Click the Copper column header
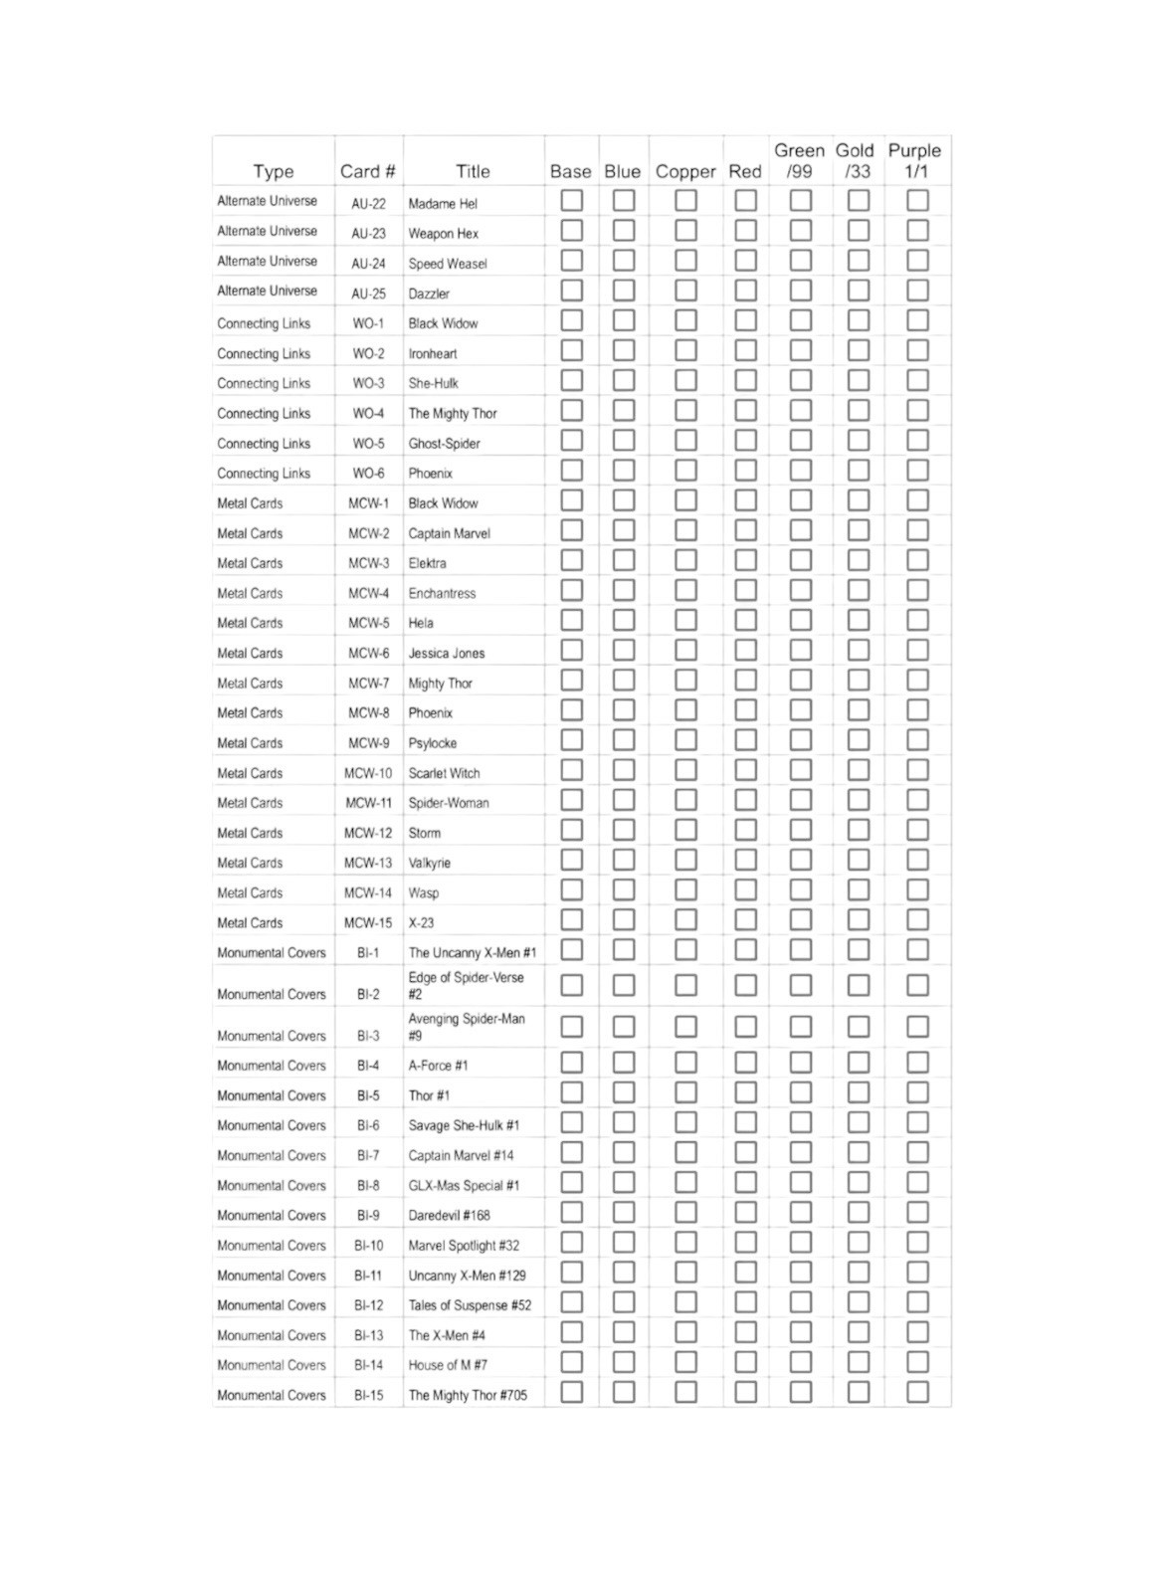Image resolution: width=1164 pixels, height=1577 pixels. [685, 171]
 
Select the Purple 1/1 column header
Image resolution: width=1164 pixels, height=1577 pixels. [915, 160]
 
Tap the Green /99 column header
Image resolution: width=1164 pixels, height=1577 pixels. [799, 160]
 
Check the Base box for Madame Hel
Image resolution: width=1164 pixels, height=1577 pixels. [571, 201]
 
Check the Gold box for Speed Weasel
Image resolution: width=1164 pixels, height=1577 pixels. [858, 261]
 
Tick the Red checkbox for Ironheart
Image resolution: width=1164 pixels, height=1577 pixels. [745, 350]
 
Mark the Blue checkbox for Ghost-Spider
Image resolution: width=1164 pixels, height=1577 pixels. [623, 441]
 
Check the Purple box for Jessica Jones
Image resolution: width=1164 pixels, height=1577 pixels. [917, 651]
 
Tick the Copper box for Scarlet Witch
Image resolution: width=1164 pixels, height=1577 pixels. [685, 770]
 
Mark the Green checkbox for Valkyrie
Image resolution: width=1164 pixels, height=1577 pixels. [800, 861]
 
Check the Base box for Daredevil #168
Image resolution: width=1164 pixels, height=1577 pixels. [571, 1213]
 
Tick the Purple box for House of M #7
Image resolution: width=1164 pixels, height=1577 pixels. [917, 1363]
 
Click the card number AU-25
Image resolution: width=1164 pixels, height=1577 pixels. [368, 294]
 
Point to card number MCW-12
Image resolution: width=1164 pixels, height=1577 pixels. [368, 833]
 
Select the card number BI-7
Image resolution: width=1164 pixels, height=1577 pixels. [368, 1155]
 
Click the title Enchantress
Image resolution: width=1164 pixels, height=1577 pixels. [442, 593]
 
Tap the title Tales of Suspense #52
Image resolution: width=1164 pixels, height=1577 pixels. [470, 1305]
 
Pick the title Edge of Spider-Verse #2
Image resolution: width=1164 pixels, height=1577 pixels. [466, 985]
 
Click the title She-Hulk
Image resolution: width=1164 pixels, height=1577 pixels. [433, 383]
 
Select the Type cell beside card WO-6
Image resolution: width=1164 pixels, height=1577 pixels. [264, 474]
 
